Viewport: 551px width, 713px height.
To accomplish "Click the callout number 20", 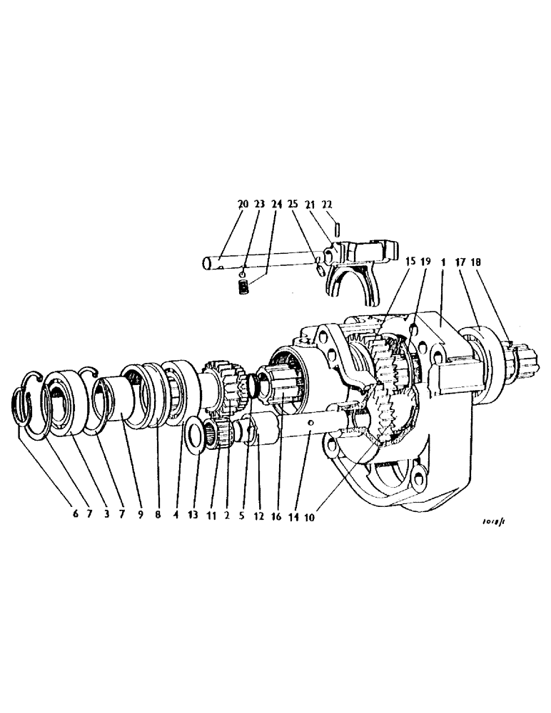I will (243, 203).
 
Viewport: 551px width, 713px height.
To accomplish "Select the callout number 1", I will (443, 262).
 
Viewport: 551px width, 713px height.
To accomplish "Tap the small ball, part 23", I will (242, 272).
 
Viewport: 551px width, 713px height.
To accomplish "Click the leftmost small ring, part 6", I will (24, 413).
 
